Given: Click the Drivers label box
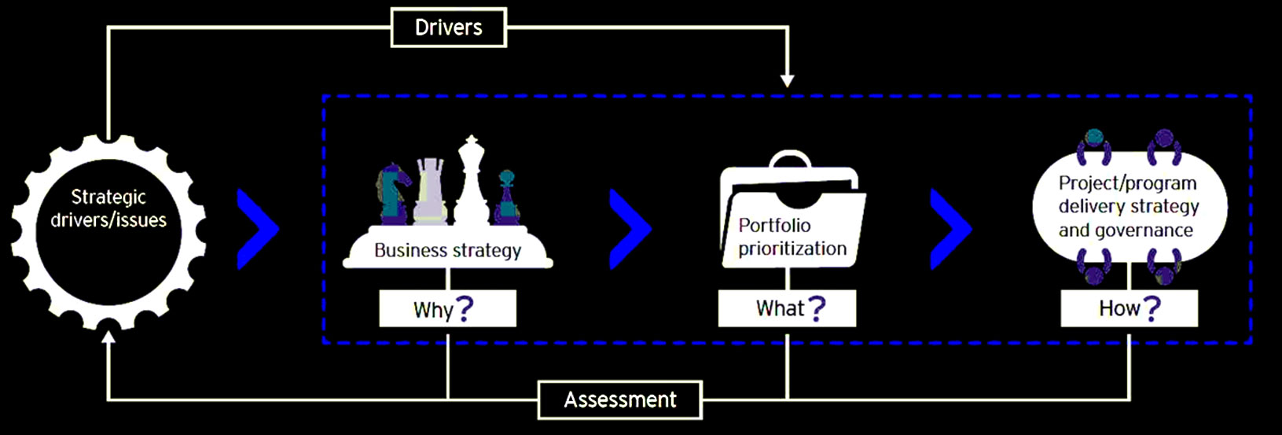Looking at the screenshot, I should tap(448, 28).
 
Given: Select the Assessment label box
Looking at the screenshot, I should tap(619, 400).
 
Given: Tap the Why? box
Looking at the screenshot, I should tap(447, 308).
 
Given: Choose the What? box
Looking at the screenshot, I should tap(787, 308).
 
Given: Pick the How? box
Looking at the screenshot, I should tap(1129, 308).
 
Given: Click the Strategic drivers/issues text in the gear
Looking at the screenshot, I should tap(108, 208).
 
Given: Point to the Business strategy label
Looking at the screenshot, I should tap(447, 250).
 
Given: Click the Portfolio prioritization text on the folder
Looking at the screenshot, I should tap(792, 237).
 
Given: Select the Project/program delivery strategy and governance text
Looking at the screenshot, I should tap(1128, 206).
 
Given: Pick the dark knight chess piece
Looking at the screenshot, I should tap(393, 193).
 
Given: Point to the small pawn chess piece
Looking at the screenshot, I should tap(507, 197).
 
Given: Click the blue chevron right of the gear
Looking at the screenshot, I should tap(258, 229).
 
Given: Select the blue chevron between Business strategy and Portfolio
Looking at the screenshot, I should tap(630, 229).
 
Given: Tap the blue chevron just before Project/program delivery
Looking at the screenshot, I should tap(950, 229).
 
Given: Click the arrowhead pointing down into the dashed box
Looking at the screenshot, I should tap(787, 80).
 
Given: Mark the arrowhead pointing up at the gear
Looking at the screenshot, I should tap(108, 337).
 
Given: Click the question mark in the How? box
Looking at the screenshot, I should tap(1152, 308).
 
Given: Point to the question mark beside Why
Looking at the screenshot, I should tap(465, 308).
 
